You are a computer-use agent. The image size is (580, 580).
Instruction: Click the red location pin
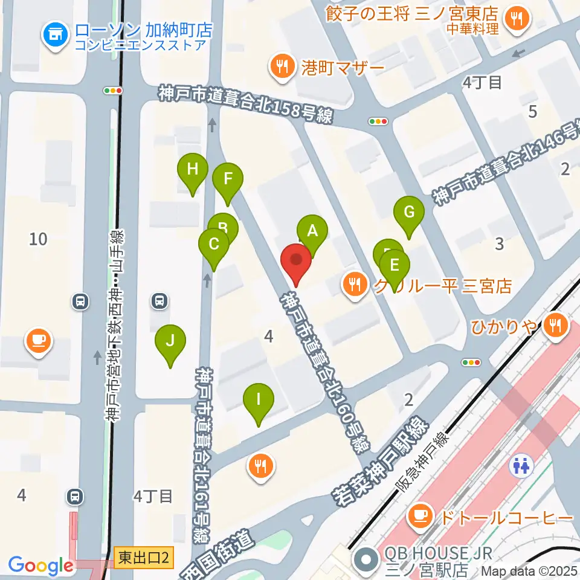296,261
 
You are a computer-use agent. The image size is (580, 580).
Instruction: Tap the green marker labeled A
312,230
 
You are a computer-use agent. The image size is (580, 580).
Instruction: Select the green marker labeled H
192,169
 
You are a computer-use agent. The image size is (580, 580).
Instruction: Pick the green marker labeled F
228,179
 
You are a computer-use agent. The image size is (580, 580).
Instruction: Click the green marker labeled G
409,212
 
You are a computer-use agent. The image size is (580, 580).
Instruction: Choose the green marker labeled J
170,341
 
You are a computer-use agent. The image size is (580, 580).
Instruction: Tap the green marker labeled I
259,399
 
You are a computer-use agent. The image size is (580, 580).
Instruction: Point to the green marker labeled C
214,245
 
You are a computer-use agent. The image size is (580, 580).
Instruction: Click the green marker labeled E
395,265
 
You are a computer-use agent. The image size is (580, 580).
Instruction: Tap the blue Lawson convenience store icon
55,35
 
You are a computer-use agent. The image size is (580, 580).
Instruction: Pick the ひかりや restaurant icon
553,326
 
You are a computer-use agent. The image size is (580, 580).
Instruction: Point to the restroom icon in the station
520,466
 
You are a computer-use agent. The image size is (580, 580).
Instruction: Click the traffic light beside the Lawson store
113,91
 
